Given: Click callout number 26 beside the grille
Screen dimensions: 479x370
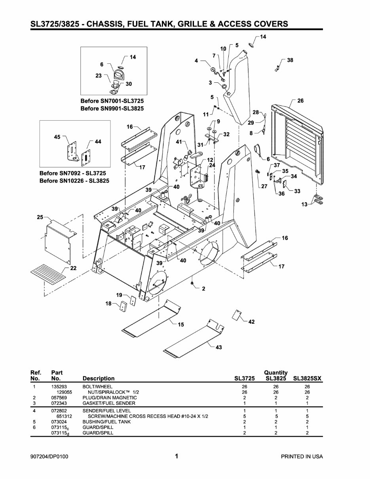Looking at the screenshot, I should [300, 101].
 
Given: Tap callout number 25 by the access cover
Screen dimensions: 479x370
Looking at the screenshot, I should [40, 218].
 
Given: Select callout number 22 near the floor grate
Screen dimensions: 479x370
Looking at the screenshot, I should [73, 268].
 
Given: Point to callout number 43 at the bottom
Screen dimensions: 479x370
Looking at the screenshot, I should [218, 347].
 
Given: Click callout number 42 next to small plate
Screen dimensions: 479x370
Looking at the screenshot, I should [251, 322].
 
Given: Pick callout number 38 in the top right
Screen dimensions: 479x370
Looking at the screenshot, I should [290, 60].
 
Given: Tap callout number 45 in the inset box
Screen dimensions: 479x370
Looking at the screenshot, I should [57, 137].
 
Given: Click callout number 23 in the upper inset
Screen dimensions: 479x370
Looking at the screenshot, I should [99, 75].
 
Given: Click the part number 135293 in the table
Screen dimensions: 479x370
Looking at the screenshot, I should [59, 386].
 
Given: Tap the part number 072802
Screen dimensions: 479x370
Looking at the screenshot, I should [59, 411].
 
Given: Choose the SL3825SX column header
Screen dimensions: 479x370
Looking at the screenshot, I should [307, 378].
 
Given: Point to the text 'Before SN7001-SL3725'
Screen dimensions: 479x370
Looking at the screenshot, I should [112, 101].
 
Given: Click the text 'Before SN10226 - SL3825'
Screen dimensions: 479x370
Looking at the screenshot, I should [74, 181].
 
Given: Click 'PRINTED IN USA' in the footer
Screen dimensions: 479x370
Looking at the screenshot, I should [302, 456].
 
